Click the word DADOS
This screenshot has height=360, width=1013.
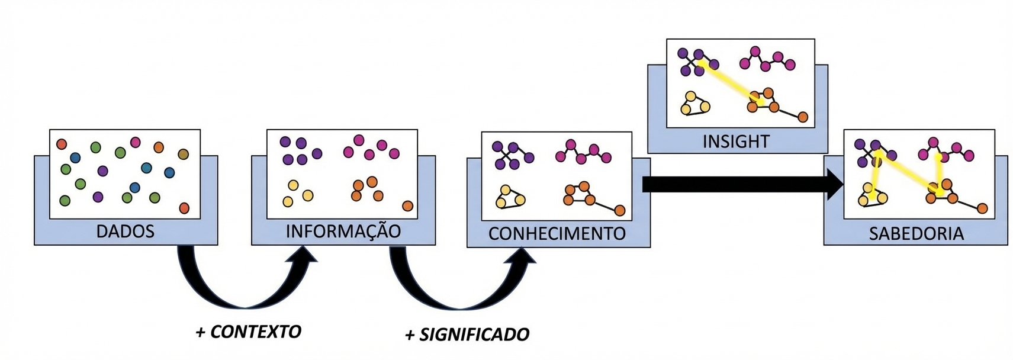pos(125,231)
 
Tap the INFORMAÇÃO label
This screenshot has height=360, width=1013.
pos(343,231)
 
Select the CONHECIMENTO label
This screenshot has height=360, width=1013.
pos(557,233)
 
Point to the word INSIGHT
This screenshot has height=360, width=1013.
pos(736,142)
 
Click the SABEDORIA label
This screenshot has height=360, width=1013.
pos(916,233)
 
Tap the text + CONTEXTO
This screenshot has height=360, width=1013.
pos(248,332)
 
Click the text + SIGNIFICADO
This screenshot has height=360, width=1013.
pos(467,335)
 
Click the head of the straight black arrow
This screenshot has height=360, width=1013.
pos(835,185)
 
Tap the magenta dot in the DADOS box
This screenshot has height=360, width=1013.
pos(135,142)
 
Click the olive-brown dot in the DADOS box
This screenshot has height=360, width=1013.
pos(183,155)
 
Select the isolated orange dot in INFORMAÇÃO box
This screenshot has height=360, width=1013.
pos(407,205)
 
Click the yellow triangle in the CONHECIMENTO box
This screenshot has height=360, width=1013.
pos(509,198)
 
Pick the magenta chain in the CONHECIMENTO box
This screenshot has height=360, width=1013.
pos(583,153)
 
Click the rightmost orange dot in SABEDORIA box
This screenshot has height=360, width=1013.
pos(982,208)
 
